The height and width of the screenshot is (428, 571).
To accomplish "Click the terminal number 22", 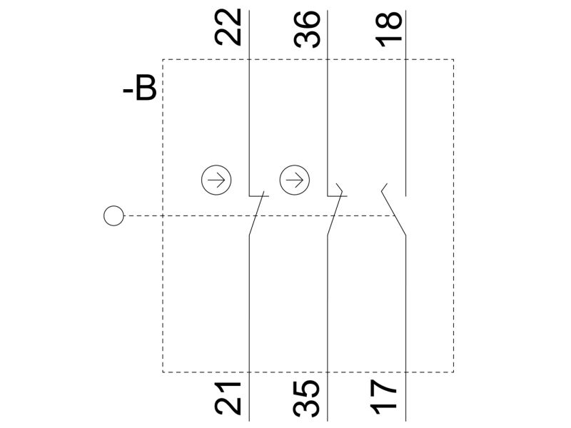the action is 228,27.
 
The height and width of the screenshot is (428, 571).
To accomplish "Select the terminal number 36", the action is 307,29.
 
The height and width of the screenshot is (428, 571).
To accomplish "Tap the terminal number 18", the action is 388,29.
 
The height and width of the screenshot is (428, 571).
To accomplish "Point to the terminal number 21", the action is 228,398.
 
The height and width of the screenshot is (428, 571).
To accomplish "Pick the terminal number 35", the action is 307,398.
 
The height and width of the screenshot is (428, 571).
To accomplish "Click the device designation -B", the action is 140,88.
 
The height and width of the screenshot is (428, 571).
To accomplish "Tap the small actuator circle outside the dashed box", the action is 113,216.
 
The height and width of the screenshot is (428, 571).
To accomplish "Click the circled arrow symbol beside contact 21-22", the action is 216,180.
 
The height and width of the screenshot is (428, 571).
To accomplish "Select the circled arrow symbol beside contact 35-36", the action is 295,180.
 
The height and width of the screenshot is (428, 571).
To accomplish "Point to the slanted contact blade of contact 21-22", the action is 257,213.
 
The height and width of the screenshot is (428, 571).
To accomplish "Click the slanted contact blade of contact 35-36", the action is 335,213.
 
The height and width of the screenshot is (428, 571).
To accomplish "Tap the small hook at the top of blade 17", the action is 384,188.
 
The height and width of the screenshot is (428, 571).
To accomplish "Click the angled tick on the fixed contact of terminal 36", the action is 340,188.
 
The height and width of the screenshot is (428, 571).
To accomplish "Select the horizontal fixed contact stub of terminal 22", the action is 259,196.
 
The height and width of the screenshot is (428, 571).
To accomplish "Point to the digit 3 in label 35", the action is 307,408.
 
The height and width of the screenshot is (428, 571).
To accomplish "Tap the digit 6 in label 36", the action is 307,20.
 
